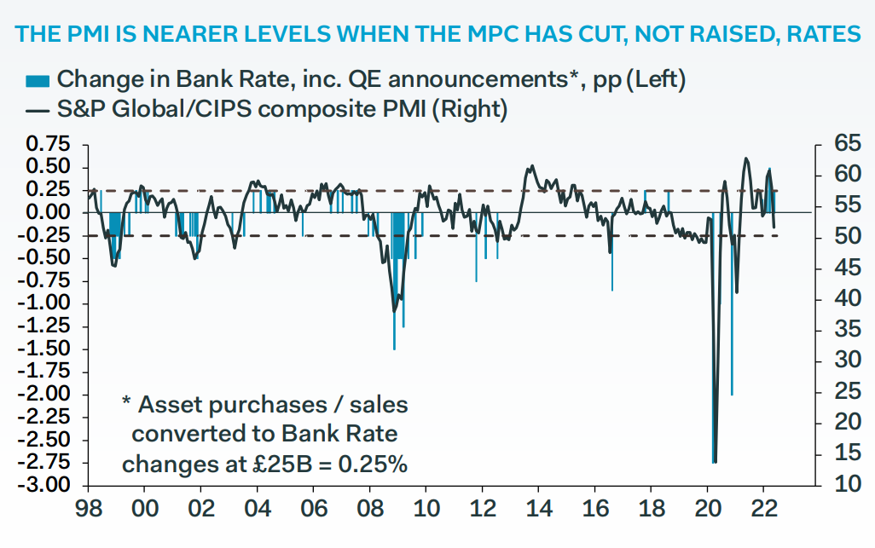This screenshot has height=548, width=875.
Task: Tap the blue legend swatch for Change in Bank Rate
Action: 37,81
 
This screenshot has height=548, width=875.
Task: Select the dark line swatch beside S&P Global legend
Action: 37,109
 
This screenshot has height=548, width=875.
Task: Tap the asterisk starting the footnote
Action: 126,402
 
